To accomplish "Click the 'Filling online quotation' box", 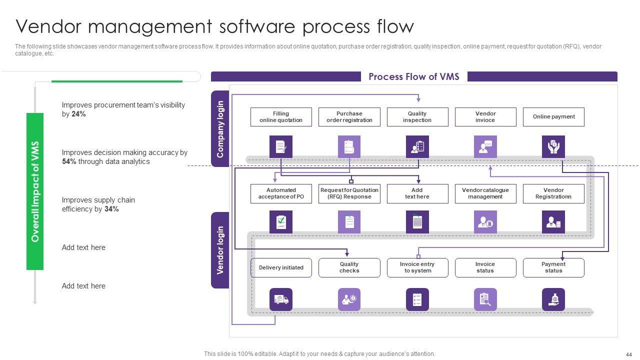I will tap(281, 117).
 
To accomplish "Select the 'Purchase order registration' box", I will tap(349, 117).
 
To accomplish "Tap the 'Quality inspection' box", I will tap(417, 117).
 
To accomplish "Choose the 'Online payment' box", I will tap(553, 117).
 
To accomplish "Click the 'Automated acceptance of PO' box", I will tap(281, 193).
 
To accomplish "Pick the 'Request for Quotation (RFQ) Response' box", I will tap(349, 193).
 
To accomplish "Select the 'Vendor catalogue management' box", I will tap(485, 193).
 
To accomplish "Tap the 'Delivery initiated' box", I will tap(281, 267).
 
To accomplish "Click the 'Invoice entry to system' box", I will tap(417, 267).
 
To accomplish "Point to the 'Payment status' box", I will tap(553, 267).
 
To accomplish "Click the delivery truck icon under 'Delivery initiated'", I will tap(281, 299).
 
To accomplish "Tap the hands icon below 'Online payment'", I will tap(553, 147).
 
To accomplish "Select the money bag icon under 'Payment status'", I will tap(553, 299).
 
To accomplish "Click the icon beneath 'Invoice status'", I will tap(485, 299).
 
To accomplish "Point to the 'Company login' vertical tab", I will tap(220, 129).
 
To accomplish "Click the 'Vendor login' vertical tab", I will tap(220, 250).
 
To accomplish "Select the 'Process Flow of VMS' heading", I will tap(413, 76).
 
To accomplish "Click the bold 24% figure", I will tap(78, 114).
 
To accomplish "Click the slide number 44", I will tap(628, 354).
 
